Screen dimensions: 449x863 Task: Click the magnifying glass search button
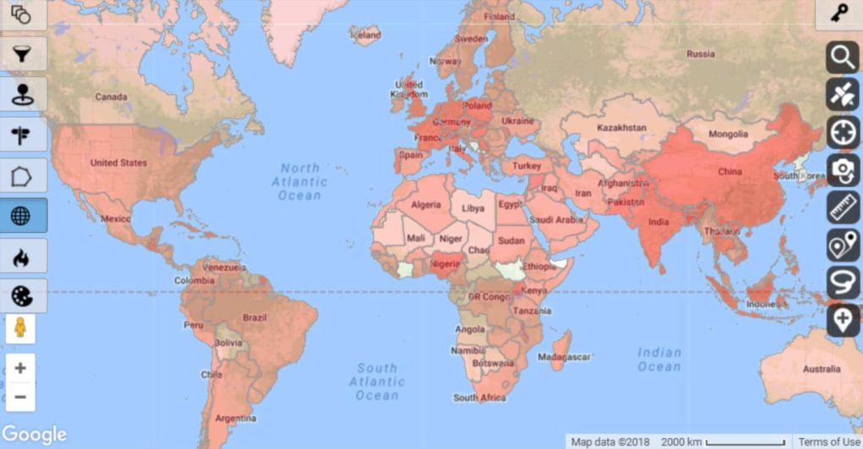click(x=843, y=58)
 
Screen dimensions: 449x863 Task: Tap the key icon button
click(x=839, y=14)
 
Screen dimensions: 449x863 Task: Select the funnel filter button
click(x=21, y=54)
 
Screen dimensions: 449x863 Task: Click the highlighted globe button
click(x=21, y=215)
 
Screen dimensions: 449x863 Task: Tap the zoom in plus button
click(x=20, y=369)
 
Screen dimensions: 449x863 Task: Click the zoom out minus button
click(x=20, y=396)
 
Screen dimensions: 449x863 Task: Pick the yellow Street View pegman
click(x=20, y=329)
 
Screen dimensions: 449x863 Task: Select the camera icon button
click(x=843, y=169)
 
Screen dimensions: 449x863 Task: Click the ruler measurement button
click(x=843, y=208)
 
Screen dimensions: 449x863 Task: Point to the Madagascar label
click(x=563, y=358)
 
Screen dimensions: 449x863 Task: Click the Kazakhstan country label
click(x=622, y=128)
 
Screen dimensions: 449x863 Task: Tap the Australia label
click(x=822, y=369)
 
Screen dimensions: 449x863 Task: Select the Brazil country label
click(x=254, y=318)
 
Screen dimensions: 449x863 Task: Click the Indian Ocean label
click(x=659, y=359)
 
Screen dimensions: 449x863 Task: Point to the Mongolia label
click(x=728, y=134)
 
